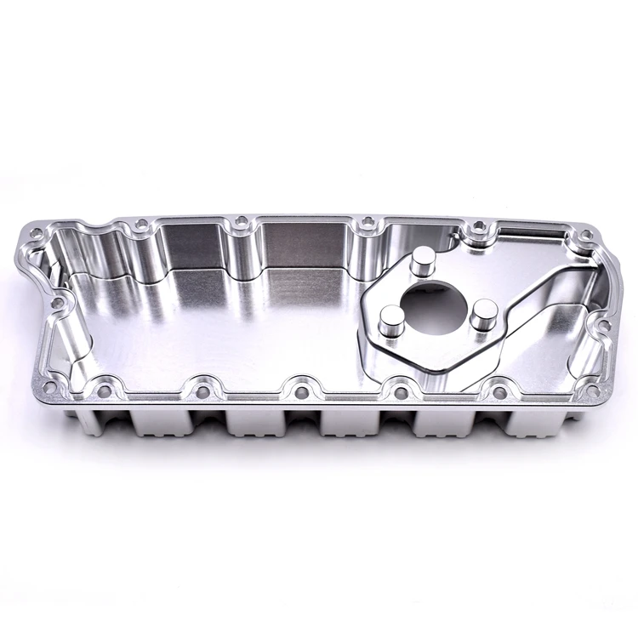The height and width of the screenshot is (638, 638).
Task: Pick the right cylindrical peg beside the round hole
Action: pos(481,311)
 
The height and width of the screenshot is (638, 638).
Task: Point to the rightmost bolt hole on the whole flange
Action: pos(604,327)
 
